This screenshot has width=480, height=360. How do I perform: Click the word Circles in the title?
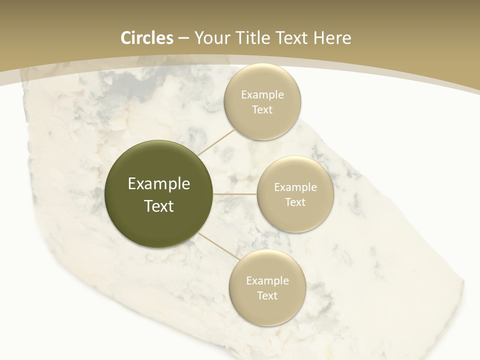tap(146, 38)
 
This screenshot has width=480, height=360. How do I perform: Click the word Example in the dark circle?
tap(159, 183)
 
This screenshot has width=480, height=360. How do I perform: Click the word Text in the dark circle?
tap(159, 206)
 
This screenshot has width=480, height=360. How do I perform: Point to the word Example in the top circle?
tap(262, 94)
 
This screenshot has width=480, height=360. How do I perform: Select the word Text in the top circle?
tap(262, 109)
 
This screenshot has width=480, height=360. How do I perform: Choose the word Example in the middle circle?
tap(295, 187)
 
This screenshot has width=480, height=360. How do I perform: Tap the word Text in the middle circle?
tap(295, 202)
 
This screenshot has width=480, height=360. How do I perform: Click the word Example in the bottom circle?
tap(267, 280)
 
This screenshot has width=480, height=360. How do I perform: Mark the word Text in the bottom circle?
tap(267, 295)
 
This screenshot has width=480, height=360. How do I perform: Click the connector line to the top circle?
tap(216, 142)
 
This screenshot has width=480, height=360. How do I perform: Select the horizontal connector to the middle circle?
tap(235, 194)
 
